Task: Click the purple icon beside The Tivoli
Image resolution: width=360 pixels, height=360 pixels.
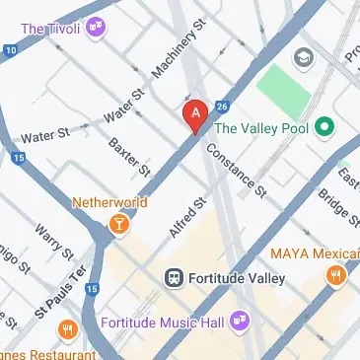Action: [96, 26]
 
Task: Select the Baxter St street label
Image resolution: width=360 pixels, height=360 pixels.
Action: [129, 158]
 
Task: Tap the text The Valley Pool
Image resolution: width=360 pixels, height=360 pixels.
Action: [261, 127]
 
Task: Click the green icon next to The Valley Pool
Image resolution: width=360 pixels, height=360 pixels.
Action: [324, 127]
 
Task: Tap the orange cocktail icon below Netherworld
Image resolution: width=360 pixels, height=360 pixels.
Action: [119, 225]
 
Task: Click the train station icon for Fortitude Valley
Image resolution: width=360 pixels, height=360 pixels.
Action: [175, 278]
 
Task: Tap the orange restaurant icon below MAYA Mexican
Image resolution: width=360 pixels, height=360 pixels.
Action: [337, 275]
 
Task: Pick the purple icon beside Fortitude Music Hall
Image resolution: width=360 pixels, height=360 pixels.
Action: [241, 321]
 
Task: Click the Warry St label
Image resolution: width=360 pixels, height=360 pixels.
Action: [47, 243]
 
